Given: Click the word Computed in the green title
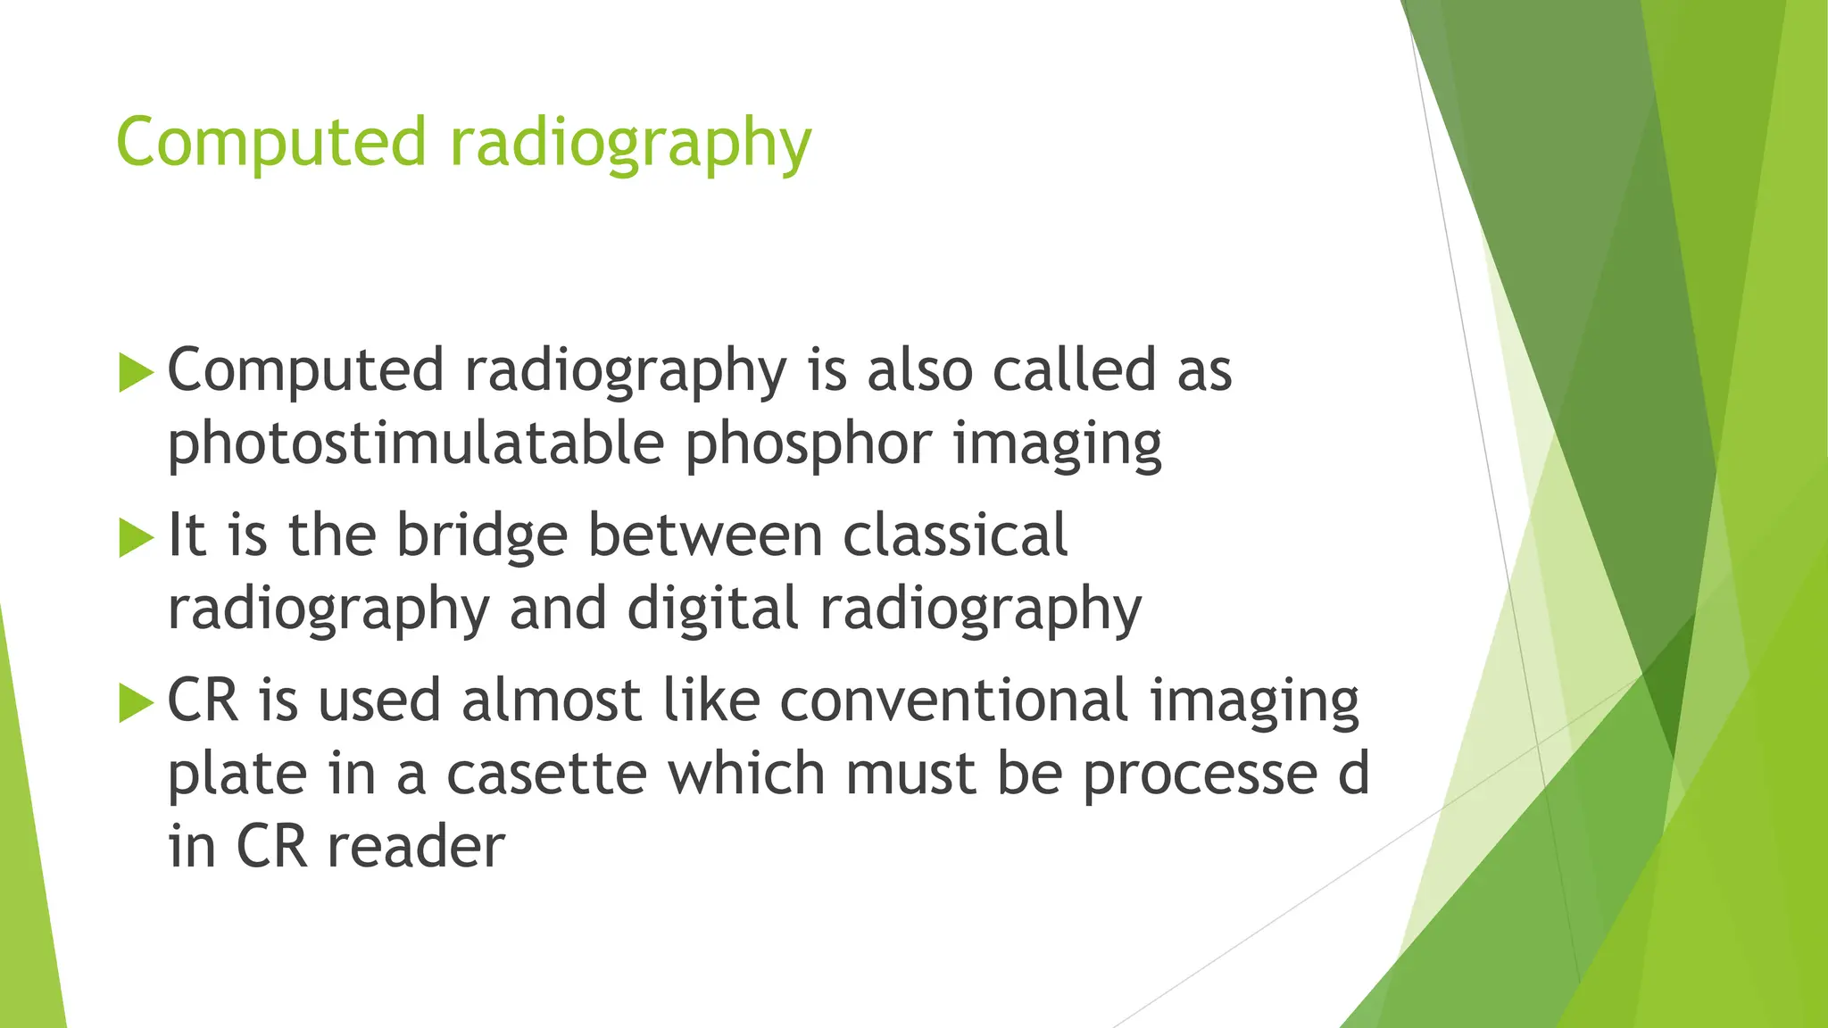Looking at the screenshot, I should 271,143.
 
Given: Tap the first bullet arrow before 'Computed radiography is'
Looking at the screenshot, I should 136,372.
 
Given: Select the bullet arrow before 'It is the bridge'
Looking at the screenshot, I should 136,537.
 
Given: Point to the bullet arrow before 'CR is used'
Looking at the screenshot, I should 136,702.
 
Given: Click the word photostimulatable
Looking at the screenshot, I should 416,444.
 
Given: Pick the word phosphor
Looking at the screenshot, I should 808,444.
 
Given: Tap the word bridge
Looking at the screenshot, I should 482,535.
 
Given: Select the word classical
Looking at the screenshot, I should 954,535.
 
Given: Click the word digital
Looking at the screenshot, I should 712,609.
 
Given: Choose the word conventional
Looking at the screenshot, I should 954,701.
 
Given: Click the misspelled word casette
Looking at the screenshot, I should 546,774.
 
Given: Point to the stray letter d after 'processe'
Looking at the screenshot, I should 1353,774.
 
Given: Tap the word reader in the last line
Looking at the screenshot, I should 416,847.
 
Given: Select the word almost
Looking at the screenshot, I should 551,701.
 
